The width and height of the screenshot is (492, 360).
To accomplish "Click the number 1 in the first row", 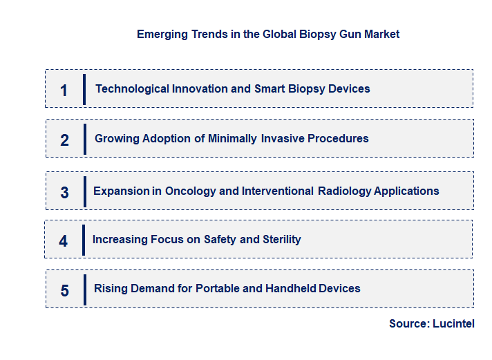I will point(64,90).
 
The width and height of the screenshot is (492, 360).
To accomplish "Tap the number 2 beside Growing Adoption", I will point(64,140).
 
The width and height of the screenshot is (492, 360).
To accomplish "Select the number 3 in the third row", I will point(64,193).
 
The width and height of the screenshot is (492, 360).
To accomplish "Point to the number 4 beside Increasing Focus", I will point(64,241).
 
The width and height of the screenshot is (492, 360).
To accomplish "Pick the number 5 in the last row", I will point(64,290).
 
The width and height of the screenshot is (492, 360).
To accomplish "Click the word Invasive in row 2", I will point(283,138).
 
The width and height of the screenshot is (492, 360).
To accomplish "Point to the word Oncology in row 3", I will point(190,191).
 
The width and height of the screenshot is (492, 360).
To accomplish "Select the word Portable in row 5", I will point(218,288).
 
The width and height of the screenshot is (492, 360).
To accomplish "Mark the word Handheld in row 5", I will point(291,288).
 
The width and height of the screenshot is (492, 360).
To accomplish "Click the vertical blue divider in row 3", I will point(84,191).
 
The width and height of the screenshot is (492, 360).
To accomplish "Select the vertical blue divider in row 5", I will point(84,289).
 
